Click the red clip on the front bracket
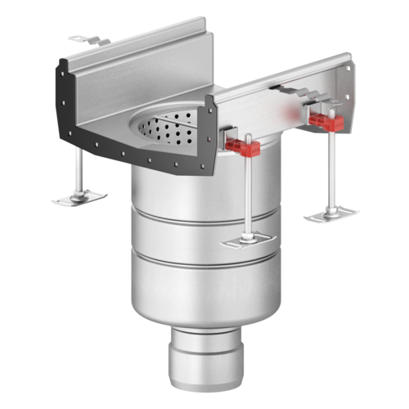coord(244,148)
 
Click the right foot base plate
coord(332,214)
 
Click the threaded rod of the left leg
coord(79,173)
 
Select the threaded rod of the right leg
coord(331,172)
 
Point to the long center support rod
coord(245,196)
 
